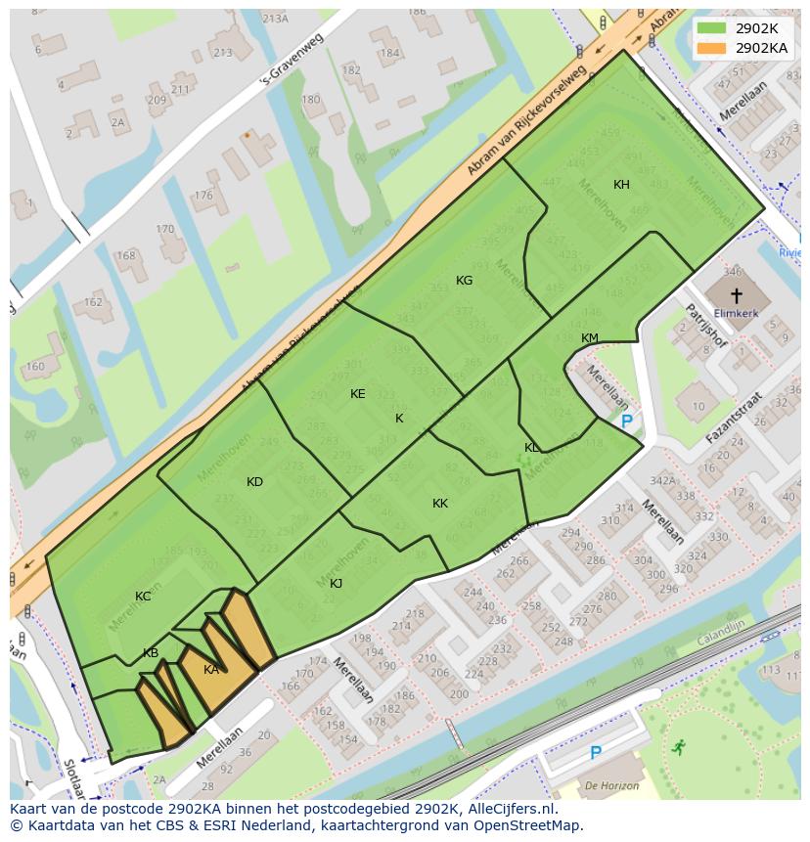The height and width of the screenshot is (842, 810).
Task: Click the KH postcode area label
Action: [x=621, y=185]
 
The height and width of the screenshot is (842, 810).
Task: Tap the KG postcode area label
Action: [x=464, y=281]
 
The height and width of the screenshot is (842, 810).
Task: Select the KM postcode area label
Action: [x=589, y=338]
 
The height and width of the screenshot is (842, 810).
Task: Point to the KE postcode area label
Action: [x=357, y=394]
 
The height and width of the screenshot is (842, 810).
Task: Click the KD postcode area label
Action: [x=254, y=482]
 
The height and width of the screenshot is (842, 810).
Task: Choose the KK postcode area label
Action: [x=440, y=504]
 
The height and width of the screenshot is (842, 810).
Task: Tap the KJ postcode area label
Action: [x=336, y=584]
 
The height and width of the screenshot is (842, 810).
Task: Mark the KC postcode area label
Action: [x=143, y=597]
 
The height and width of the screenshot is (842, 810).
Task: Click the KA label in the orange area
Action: [x=211, y=670]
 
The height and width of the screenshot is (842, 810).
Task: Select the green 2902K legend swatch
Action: [x=712, y=29]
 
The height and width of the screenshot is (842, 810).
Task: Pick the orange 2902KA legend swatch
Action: [x=712, y=47]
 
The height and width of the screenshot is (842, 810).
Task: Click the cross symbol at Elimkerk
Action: [x=737, y=294]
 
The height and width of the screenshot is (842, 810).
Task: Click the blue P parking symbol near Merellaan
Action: [x=626, y=421]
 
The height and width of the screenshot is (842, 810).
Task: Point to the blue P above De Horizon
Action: [x=595, y=753]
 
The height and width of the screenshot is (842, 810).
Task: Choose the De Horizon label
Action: [x=612, y=785]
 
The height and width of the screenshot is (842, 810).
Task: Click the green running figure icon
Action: [x=678, y=747]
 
